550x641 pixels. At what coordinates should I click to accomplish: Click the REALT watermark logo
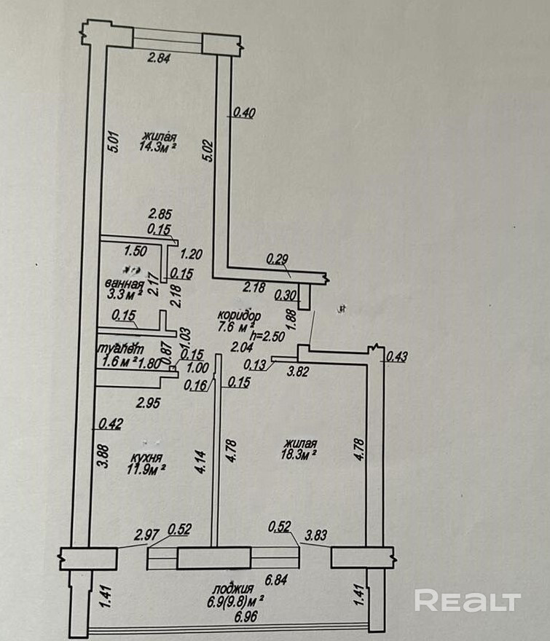[467, 601]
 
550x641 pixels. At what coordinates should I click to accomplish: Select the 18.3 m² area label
[299, 453]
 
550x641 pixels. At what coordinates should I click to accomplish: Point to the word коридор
[239, 315]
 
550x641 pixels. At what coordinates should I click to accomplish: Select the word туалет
[121, 348]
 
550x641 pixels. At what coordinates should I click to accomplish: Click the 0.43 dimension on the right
[397, 356]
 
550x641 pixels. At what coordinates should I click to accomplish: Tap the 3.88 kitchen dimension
[103, 456]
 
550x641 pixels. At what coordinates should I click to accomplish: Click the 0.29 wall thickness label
[277, 258]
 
